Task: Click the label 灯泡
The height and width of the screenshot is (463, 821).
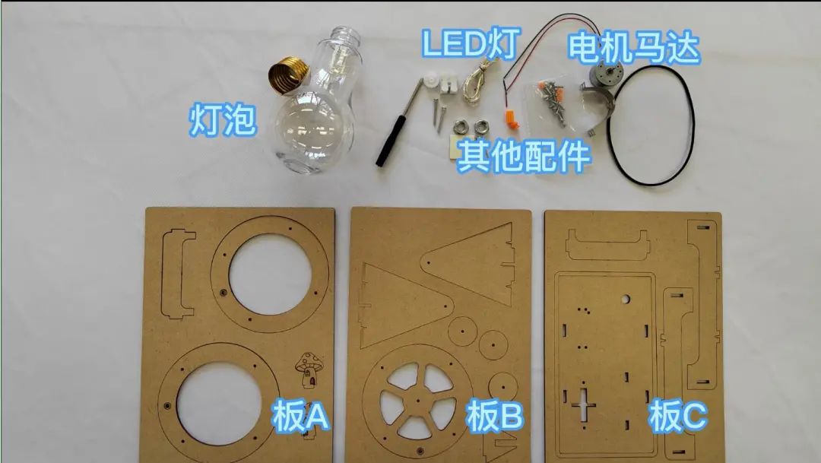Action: [222, 121]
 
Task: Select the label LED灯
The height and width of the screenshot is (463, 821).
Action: [469, 45]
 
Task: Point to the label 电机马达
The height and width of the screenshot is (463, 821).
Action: [632, 47]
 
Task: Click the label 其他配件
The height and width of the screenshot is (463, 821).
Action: [524, 157]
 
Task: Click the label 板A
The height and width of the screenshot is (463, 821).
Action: [300, 416]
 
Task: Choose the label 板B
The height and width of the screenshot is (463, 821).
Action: [493, 416]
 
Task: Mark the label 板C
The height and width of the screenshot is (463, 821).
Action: [677, 416]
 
